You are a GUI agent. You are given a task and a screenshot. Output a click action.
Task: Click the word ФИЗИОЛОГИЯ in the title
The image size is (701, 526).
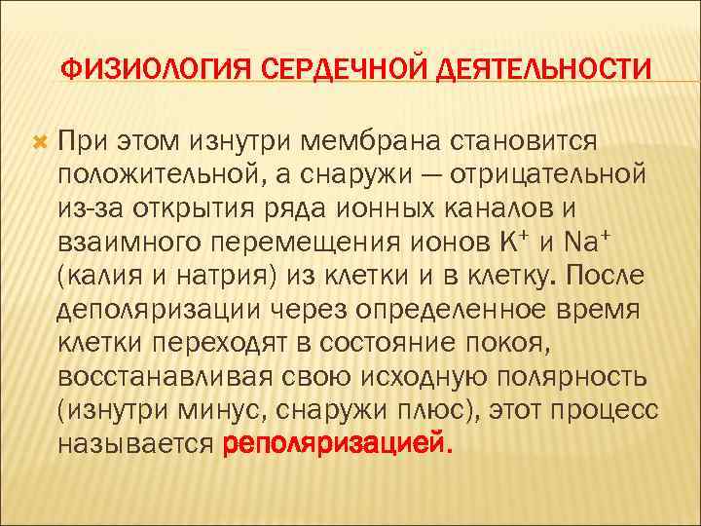point(145,70)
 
